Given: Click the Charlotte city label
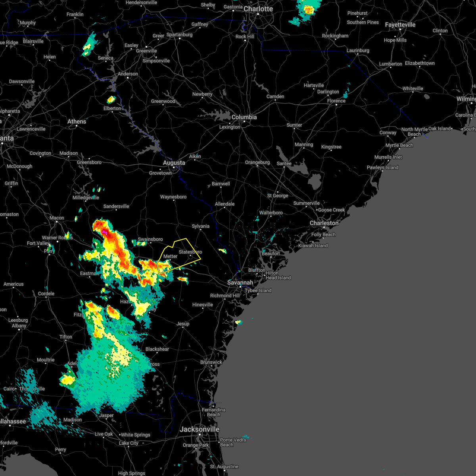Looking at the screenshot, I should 258,9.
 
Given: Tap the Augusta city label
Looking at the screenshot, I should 174,163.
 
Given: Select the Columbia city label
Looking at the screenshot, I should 244,117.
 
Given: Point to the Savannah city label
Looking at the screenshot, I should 240,283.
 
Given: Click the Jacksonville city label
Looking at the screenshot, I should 200,429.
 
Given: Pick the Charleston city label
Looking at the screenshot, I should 324,223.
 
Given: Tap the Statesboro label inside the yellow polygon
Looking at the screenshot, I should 190,252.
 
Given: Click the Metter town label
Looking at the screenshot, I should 171,256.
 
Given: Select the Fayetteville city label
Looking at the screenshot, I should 400,25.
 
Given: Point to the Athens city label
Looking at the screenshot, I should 77,121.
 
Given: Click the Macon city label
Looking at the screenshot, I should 57,218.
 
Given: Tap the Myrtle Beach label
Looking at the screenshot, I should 399,145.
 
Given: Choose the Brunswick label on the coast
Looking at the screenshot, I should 211,362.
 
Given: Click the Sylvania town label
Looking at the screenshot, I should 201,226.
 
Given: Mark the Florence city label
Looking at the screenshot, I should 336,101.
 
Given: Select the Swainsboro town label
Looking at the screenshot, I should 150,239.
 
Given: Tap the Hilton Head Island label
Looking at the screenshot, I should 278,275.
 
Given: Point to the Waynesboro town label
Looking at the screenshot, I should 173,197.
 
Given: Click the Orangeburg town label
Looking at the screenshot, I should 257,162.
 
